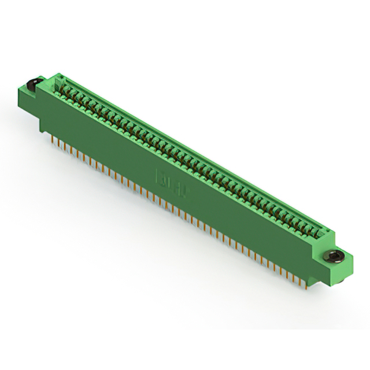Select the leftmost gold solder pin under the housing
[50, 136]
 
